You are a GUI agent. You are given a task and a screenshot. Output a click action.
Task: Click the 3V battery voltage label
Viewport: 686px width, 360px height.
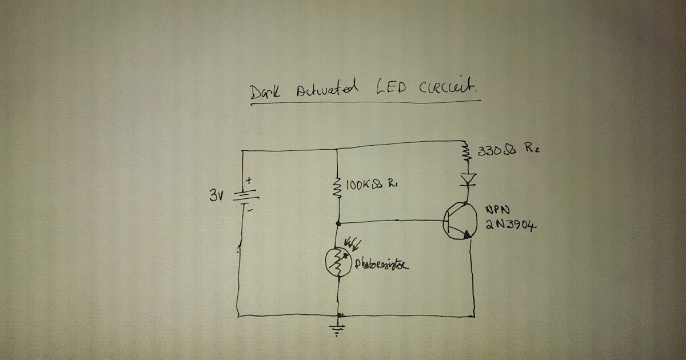click(x=218, y=196)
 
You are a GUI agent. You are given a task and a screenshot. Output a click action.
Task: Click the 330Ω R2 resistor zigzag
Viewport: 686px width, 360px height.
click(x=466, y=151)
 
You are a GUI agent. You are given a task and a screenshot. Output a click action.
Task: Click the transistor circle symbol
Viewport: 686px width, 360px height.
click(x=460, y=223)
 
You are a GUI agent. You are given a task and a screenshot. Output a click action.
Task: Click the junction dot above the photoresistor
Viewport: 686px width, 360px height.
click(x=338, y=222)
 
